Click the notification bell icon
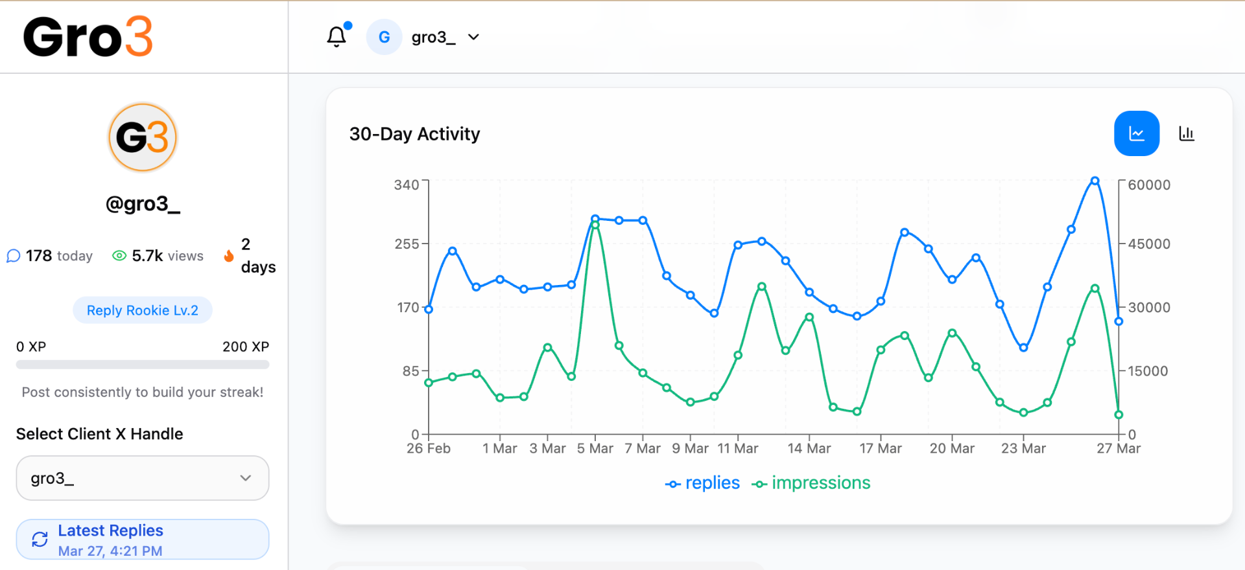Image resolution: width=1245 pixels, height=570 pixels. [337, 37]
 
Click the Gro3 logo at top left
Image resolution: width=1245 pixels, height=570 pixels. [88, 37]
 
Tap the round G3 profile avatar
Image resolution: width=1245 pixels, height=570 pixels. [143, 137]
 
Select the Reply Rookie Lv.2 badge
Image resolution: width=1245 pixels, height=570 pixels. [143, 310]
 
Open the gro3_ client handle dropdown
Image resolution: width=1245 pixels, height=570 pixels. [143, 478]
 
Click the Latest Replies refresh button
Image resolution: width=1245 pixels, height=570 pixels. [143, 540]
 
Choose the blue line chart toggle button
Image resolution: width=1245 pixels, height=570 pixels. [1137, 133]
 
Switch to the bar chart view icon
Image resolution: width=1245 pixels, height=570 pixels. [1186, 133]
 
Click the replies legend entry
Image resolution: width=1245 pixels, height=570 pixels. [703, 483]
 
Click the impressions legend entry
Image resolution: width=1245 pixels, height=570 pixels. [811, 483]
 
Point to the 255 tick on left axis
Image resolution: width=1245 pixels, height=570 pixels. [407, 244]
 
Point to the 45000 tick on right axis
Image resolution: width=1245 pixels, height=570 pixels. [1148, 244]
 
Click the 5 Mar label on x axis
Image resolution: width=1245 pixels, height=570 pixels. [595, 448]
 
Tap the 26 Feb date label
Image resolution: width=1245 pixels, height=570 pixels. [429, 448]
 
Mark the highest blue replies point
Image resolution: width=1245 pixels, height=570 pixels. [1095, 181]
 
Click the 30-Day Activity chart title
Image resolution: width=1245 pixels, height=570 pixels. [414, 134]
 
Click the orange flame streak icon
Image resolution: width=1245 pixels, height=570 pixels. [229, 256]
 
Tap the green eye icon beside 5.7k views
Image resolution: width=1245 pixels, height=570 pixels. [119, 256]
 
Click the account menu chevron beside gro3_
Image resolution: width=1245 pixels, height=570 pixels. [474, 37]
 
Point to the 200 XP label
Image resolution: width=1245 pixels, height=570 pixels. [245, 347]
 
